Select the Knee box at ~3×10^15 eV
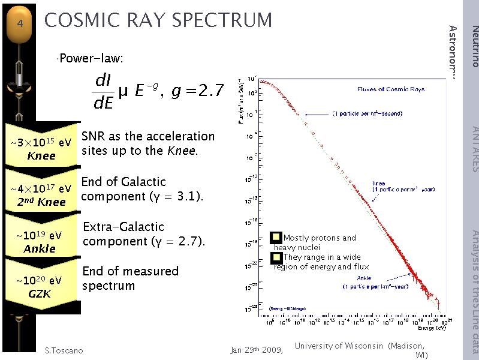click(x=41, y=149)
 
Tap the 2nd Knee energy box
click(x=41, y=195)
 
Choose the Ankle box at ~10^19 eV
click(x=41, y=242)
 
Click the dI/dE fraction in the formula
click(x=104, y=92)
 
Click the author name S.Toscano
click(x=64, y=350)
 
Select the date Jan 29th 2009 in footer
click(x=257, y=350)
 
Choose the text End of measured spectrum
click(x=130, y=278)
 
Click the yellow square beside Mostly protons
click(x=276, y=238)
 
